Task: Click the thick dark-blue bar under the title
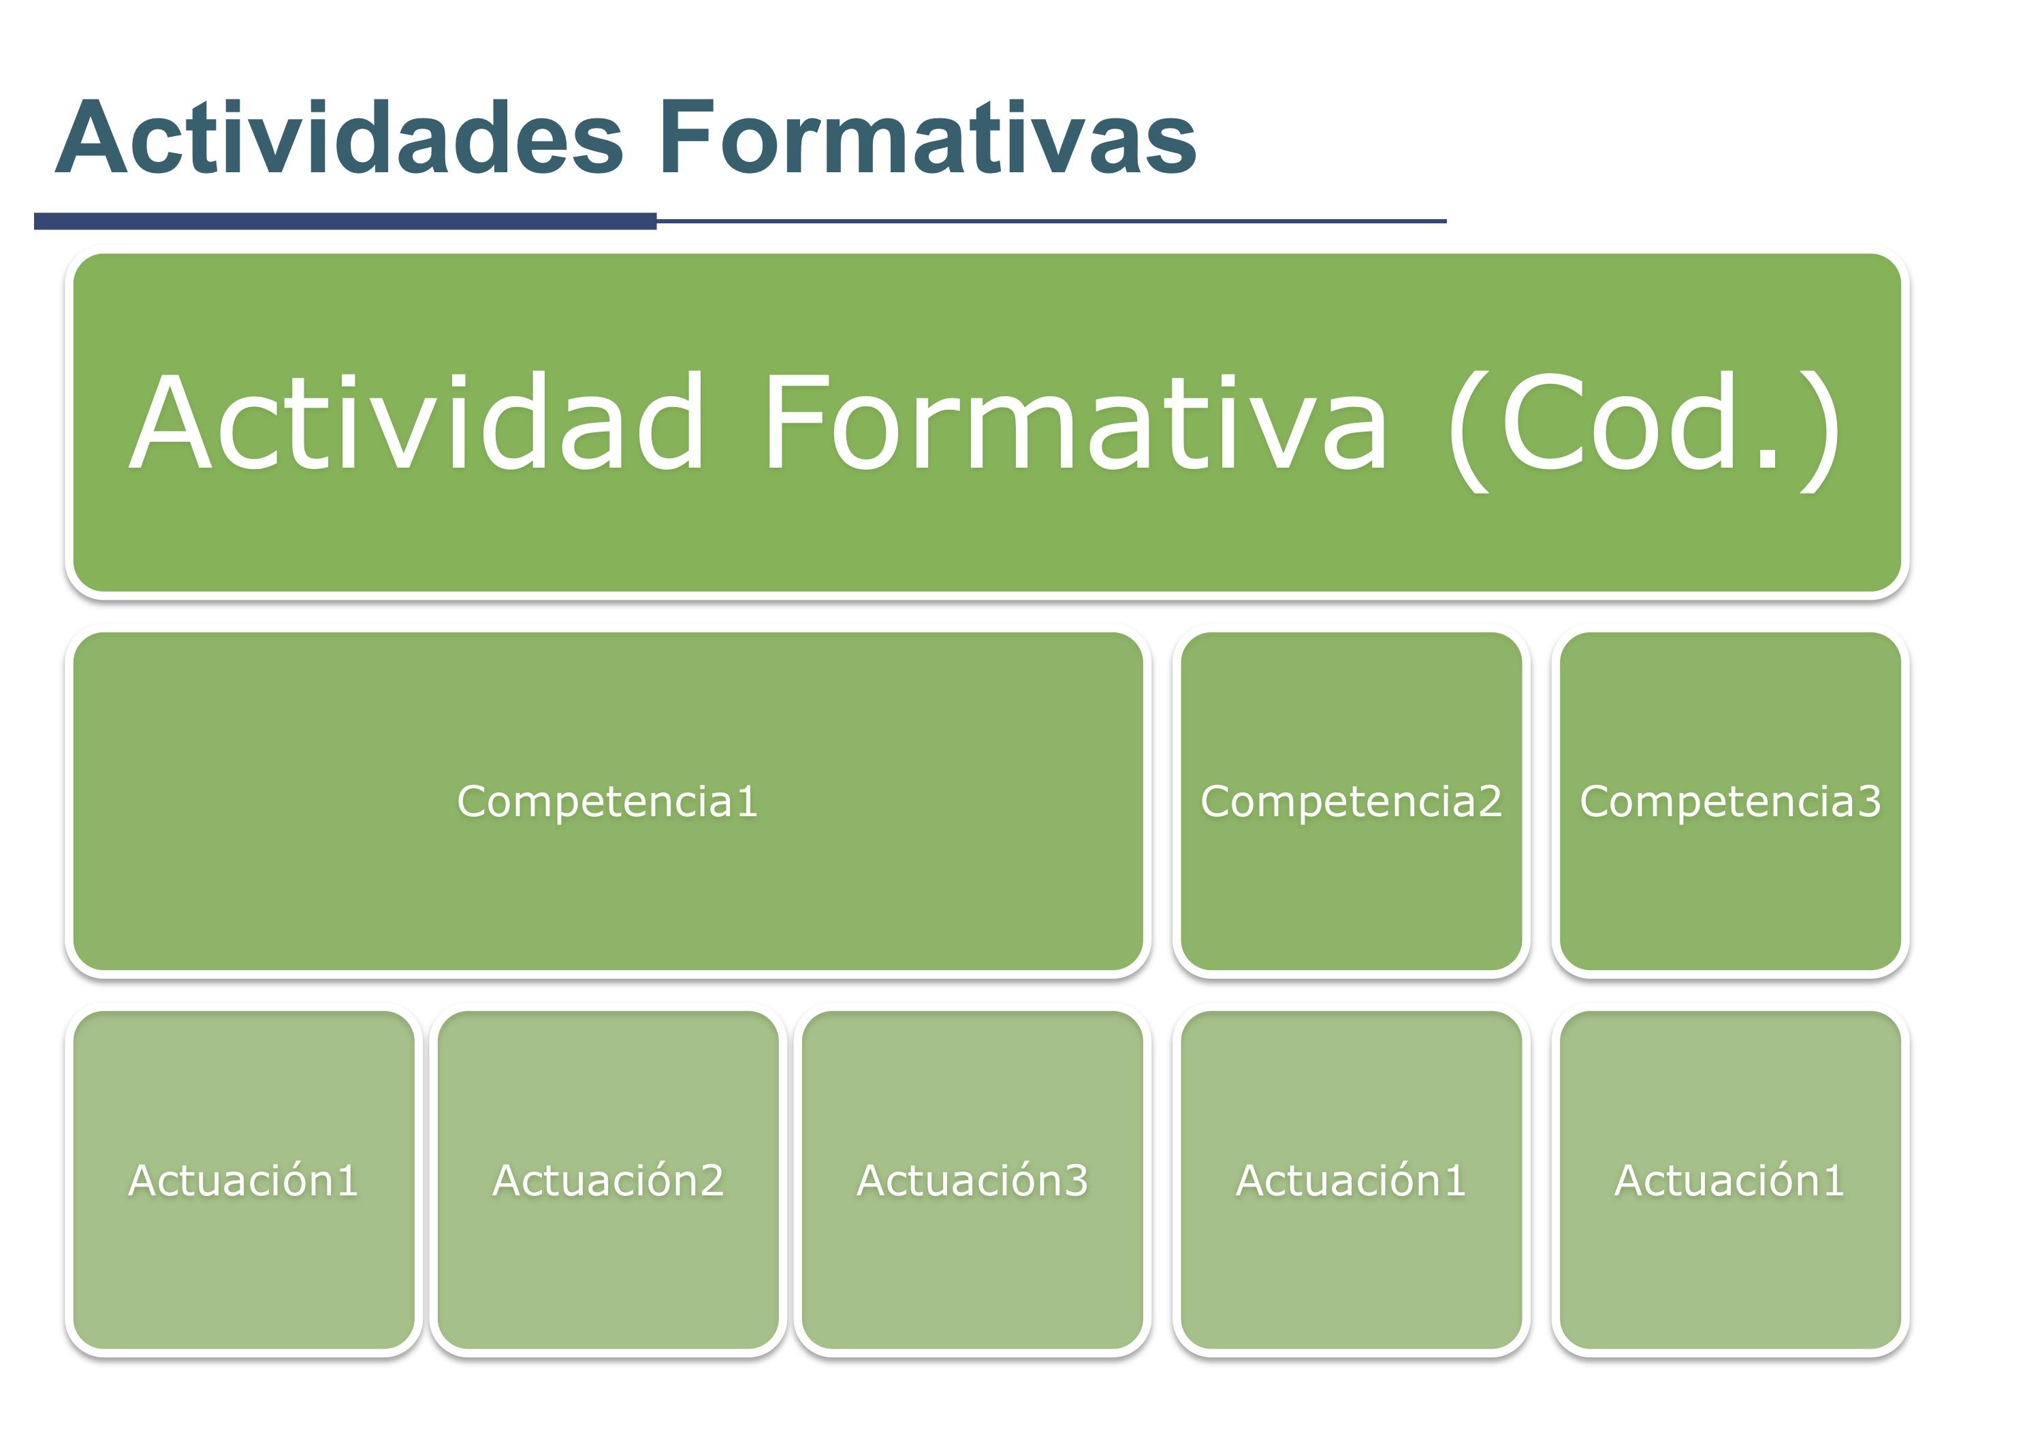[345, 221]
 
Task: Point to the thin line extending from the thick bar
[1051, 221]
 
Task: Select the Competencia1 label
[607, 802]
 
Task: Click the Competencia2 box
[1351, 802]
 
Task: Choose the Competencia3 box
[1730, 802]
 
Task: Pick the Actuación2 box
[608, 1180]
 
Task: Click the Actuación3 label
[972, 1180]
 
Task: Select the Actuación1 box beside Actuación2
[244, 1180]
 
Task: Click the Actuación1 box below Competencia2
[1351, 1180]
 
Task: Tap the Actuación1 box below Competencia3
[1730, 1180]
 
